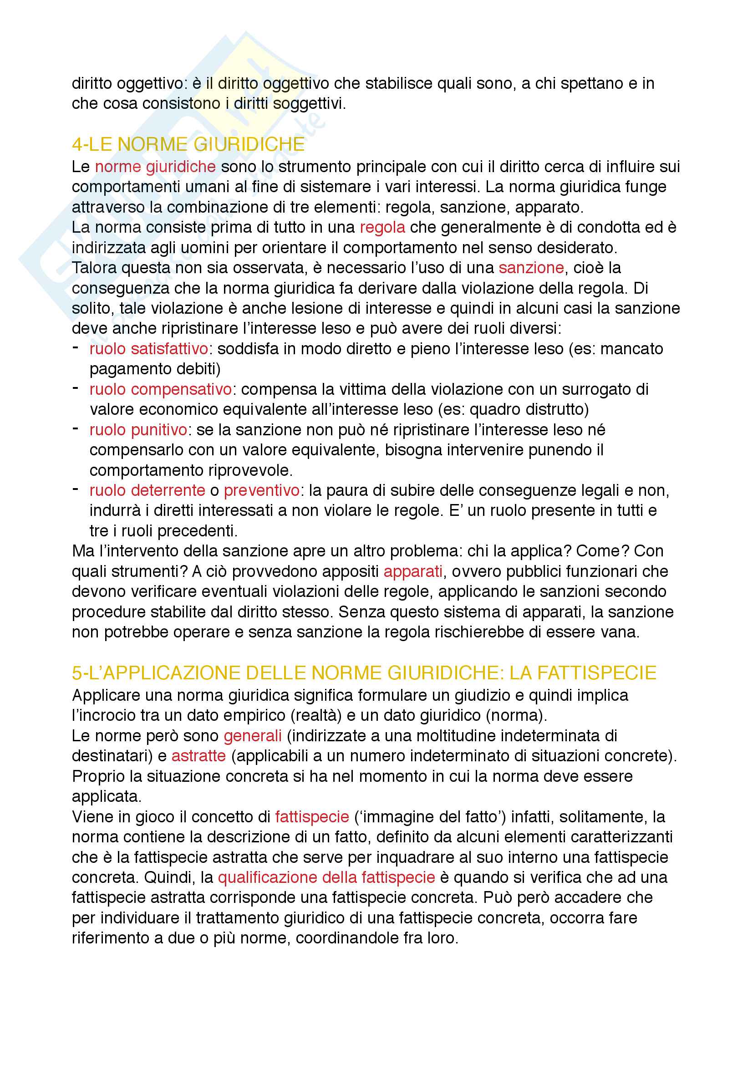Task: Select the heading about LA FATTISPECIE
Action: pos(364,673)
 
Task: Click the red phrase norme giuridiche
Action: pos(155,167)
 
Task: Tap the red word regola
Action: pos(382,227)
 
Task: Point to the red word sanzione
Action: pos(531,268)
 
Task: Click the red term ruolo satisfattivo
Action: pos(149,349)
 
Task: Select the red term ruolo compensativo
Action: pos(160,389)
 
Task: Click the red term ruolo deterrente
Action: pos(147,490)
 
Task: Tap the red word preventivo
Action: pos(261,490)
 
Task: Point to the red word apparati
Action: pos(412,571)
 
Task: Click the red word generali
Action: pos(252,736)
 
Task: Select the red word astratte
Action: pos(198,756)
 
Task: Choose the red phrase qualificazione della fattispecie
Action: pos(326,877)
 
